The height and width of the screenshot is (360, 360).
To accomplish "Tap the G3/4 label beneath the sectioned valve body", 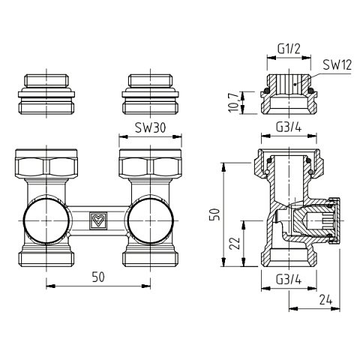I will coord(289,280).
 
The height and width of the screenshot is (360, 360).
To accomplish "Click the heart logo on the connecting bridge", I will coord(97,220).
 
